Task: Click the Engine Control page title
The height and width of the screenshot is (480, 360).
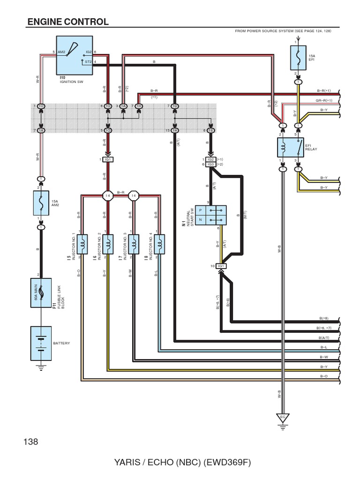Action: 68,22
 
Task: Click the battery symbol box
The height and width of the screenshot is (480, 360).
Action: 41,343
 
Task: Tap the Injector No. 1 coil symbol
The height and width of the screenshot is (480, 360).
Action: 82,244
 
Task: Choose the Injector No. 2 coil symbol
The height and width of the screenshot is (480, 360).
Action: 108,244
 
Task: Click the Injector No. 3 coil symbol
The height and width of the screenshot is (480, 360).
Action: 134,244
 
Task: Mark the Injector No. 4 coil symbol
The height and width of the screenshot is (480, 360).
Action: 160,244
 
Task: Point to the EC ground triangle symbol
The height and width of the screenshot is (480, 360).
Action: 282,417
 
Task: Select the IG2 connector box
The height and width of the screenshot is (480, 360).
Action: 210,159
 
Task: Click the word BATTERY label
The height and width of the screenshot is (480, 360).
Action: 61,343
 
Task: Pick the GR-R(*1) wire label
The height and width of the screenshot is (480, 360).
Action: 324,100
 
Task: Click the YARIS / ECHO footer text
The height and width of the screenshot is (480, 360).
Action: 182,463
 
